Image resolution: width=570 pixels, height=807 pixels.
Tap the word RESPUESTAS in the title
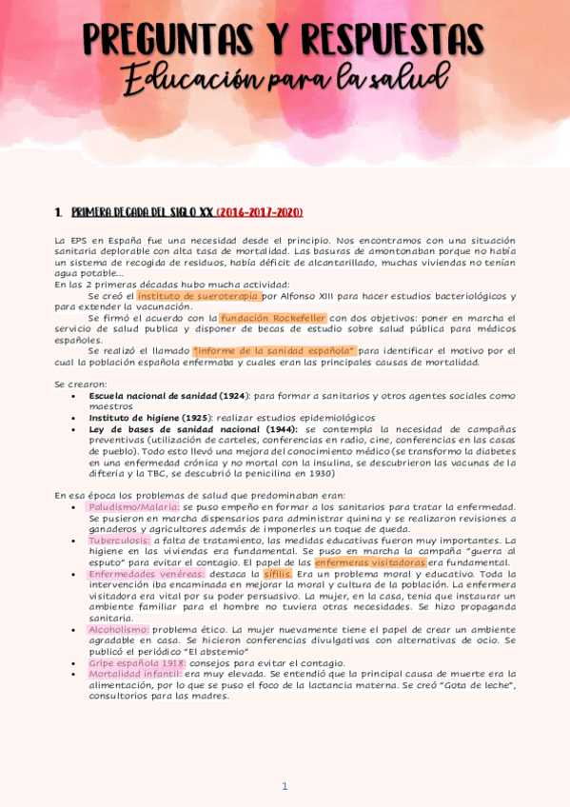389,39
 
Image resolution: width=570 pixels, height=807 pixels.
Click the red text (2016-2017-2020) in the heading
259,211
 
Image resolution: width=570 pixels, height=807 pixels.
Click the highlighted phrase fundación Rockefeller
273,318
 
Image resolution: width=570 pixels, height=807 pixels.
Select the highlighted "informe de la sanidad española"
274,350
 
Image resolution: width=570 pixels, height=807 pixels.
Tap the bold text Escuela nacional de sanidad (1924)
168,395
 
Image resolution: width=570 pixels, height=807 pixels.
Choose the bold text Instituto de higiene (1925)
150,418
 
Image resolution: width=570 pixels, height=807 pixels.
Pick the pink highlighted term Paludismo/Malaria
132,507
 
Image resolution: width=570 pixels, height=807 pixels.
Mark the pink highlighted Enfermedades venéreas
146,574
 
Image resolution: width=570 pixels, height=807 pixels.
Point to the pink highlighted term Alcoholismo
118,630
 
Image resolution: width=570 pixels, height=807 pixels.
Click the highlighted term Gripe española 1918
137,662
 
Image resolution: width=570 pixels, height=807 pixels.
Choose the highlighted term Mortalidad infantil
135,674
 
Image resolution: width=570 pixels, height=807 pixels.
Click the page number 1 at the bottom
285,786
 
